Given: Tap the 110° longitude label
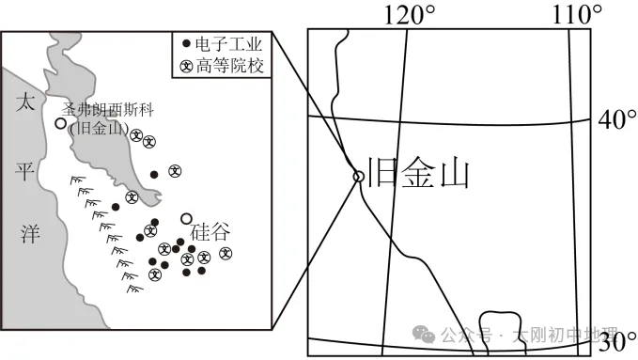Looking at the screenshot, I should tap(576, 14).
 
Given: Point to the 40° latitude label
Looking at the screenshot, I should tap(617, 120).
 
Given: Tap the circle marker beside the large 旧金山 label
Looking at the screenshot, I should tap(358, 176).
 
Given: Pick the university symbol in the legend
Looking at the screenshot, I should tap(186, 67).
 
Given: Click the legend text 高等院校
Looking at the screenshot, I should tap(229, 67).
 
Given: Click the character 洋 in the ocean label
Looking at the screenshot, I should tap(27, 233).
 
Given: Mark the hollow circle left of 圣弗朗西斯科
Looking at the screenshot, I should tap(61, 123).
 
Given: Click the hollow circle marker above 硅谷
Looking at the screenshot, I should tap(187, 218).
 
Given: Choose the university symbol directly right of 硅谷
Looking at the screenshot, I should tap(226, 253).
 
